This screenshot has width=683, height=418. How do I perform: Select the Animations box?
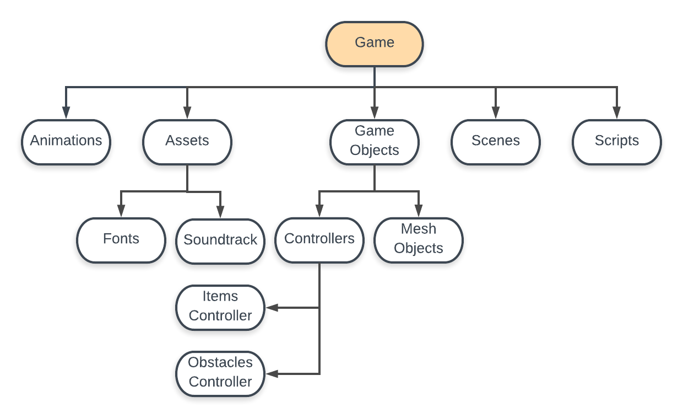pyautogui.click(x=66, y=142)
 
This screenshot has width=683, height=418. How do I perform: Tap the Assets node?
pyautogui.click(x=187, y=142)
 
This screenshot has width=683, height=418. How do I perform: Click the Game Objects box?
pyautogui.click(x=375, y=142)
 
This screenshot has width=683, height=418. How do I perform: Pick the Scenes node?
pyautogui.click(x=496, y=142)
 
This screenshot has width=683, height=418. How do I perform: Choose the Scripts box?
pyautogui.click(x=617, y=142)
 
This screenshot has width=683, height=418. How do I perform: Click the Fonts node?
pyautogui.click(x=121, y=240)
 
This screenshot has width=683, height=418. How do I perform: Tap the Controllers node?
pyautogui.click(x=319, y=240)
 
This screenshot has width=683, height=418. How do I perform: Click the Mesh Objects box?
pyautogui.click(x=419, y=240)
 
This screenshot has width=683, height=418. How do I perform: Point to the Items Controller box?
pyautogui.click(x=220, y=307)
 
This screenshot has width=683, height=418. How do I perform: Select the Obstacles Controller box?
pyautogui.click(x=220, y=373)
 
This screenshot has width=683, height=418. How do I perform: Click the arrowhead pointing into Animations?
pyautogui.click(x=66, y=113)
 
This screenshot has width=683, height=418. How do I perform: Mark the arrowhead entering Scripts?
pyautogui.click(x=617, y=113)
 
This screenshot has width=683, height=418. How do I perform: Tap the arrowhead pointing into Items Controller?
pyautogui.click(x=272, y=308)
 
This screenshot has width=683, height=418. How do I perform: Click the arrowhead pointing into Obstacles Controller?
pyautogui.click(x=272, y=374)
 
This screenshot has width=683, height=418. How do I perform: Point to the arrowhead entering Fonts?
pyautogui.click(x=121, y=212)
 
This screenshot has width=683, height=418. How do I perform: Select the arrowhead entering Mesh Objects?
pyautogui.click(x=419, y=212)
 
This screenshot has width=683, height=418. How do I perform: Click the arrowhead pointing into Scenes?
pyautogui.click(x=496, y=113)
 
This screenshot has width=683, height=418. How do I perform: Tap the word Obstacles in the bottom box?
pyautogui.click(x=220, y=363)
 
